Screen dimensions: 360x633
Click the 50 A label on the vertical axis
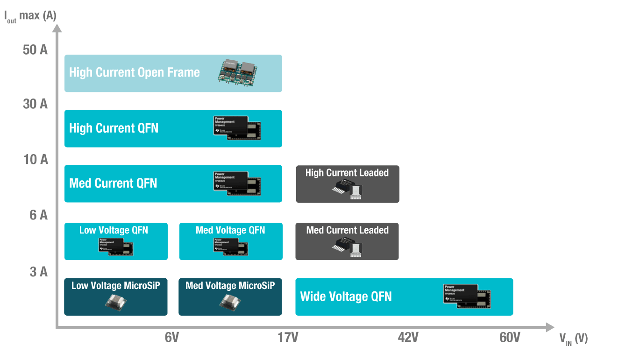click(35, 49)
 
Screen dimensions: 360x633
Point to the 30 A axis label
click(35, 104)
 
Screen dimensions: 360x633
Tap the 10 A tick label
click(35, 159)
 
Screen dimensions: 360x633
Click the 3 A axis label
click(38, 271)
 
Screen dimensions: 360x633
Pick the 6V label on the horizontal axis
click(172, 337)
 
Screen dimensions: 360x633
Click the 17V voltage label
click(287, 337)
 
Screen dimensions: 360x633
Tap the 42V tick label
click(408, 337)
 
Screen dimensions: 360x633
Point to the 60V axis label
click(510, 337)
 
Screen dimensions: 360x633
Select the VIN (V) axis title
click(573, 339)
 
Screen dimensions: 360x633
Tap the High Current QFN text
click(114, 128)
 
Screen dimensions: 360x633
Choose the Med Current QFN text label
click(113, 183)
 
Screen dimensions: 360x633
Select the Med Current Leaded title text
click(347, 230)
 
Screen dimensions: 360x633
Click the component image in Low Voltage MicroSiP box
click(116, 302)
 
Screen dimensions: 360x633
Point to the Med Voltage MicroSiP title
click(230, 285)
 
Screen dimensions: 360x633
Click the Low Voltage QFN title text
click(114, 230)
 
